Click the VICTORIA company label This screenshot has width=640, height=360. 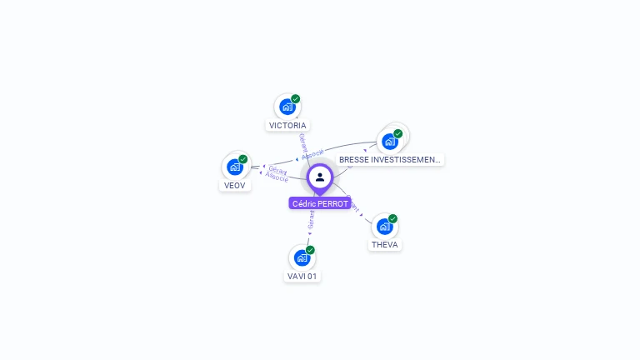287,126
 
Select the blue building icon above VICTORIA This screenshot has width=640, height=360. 287,107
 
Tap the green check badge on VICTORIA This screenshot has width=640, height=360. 296,98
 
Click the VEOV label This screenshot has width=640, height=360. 235,186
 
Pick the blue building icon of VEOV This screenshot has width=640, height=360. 235,167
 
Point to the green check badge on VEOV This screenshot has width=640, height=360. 243,158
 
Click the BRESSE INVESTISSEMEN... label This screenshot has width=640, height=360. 390,159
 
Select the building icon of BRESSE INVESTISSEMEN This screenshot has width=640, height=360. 389,141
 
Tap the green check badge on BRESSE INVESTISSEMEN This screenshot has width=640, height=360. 398,133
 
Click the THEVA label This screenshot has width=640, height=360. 385,245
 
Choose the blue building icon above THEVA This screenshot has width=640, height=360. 384,227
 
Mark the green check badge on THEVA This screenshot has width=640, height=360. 392,218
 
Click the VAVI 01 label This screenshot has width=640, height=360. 302,276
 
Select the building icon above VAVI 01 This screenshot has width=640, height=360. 302,257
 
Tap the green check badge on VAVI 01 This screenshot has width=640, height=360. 310,249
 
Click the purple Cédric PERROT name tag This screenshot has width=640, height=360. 320,203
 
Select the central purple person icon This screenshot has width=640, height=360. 320,177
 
